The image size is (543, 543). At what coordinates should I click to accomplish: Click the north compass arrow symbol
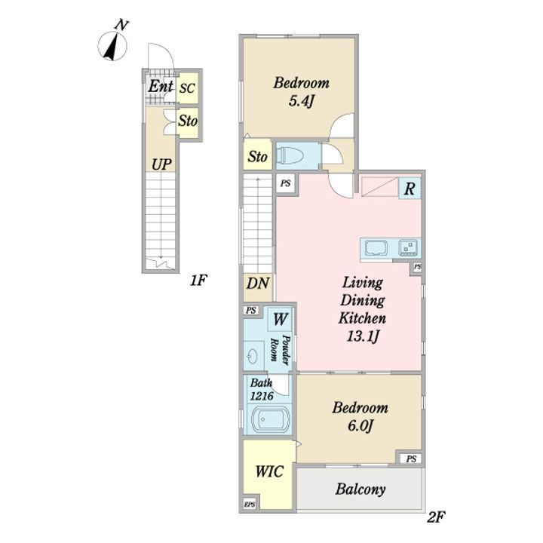[x=112, y=46]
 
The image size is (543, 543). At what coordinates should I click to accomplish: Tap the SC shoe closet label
[x=187, y=88]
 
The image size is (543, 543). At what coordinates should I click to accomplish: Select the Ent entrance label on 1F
[x=160, y=86]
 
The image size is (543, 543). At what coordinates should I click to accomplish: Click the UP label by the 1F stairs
[x=161, y=164]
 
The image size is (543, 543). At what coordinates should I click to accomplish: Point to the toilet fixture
[x=290, y=155]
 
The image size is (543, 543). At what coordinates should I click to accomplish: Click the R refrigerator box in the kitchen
[x=410, y=189]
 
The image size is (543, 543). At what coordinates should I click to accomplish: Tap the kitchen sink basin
[x=376, y=248]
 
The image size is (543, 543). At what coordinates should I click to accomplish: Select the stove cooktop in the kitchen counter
[x=409, y=247]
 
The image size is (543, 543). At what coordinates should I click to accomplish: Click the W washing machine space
[x=280, y=319]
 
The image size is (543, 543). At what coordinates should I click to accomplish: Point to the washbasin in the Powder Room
[x=253, y=356]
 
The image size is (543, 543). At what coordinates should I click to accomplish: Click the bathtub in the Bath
[x=268, y=419]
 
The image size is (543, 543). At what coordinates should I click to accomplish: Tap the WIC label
[x=269, y=471]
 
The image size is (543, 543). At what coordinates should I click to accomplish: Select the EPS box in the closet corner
[x=250, y=505]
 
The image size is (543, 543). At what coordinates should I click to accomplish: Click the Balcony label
[x=360, y=489]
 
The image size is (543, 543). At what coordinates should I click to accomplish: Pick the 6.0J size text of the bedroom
[x=360, y=425]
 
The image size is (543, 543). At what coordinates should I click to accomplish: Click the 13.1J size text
[x=362, y=336]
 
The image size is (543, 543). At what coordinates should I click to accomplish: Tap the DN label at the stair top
[x=258, y=284]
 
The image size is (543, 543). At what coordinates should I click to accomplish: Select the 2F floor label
[x=436, y=517]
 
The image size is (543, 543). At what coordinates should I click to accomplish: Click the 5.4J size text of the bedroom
[x=301, y=101]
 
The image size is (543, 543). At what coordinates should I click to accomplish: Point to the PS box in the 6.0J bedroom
[x=411, y=459]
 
